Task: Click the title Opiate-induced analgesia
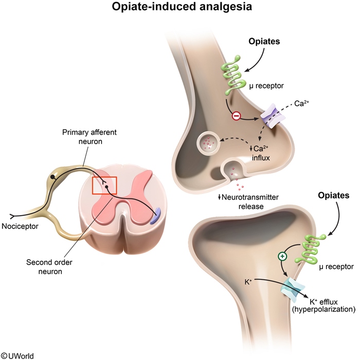click(180, 8)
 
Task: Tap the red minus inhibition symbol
click(235, 116)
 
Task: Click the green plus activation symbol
click(282, 256)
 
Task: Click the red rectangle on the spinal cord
click(104, 186)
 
